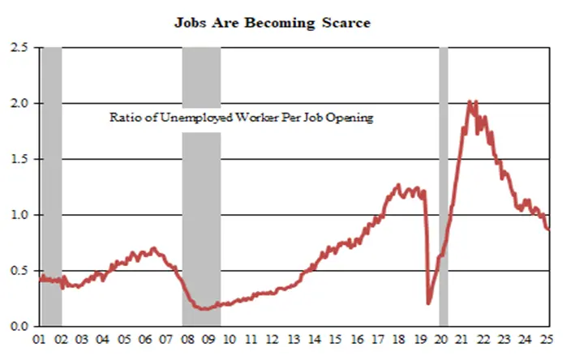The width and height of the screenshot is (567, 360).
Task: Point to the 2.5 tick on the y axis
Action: [x=20, y=48]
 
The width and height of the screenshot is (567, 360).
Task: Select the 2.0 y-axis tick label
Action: [x=20, y=104]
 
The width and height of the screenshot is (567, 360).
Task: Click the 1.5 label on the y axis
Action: [x=20, y=160]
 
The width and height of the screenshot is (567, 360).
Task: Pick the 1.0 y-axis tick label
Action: [x=20, y=216]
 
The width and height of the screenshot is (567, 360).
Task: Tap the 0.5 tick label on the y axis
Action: [x=20, y=271]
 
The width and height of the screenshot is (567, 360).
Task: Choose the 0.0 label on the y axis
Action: [x=20, y=327]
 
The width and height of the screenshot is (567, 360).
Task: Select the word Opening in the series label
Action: [x=351, y=118]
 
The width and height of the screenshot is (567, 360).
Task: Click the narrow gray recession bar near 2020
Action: [x=443, y=186]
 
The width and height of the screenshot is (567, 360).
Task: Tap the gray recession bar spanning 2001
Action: [x=51, y=186]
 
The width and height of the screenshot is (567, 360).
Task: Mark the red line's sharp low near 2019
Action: [x=427, y=303]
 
